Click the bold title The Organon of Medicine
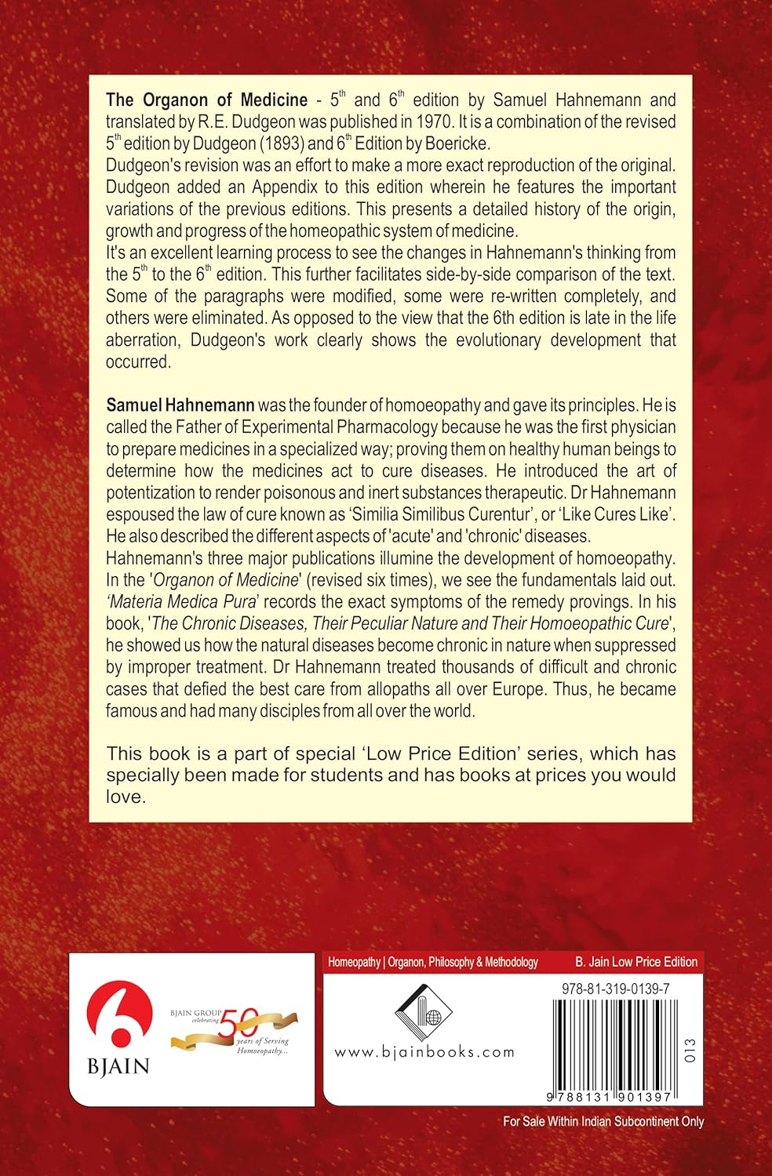(x=206, y=100)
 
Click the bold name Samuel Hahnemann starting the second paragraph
(x=180, y=405)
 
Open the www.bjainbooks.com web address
(x=424, y=1051)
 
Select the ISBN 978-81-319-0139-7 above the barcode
(x=615, y=989)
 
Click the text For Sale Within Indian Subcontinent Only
(x=603, y=1122)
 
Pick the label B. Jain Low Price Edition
(x=635, y=962)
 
